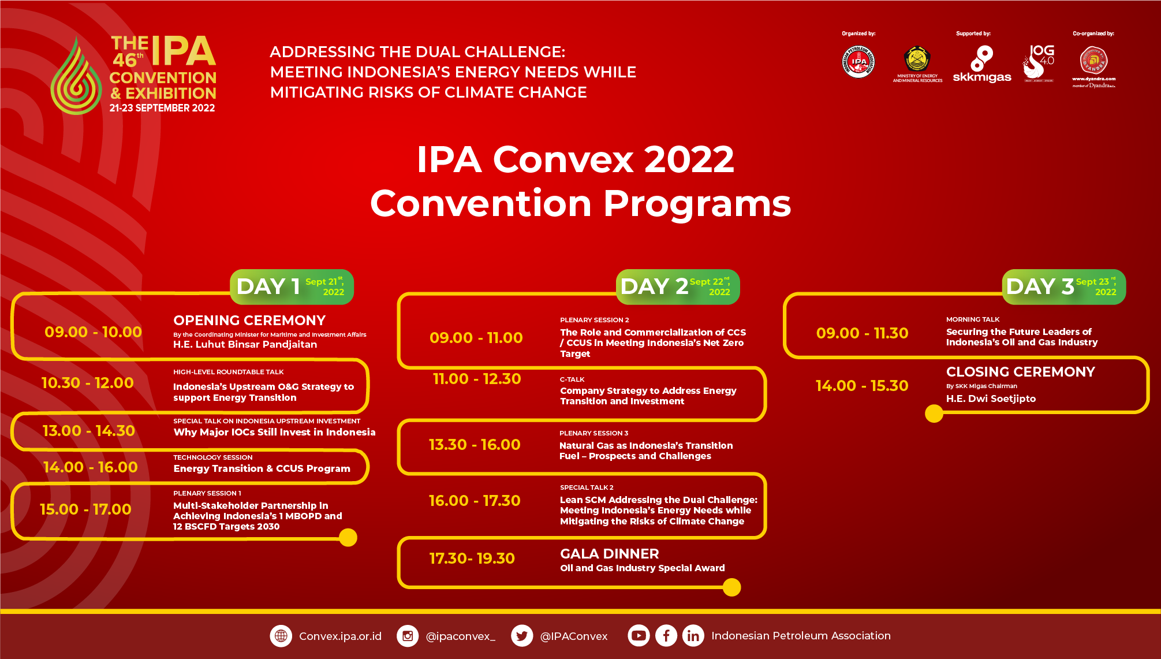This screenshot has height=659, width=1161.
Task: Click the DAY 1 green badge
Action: tap(292, 286)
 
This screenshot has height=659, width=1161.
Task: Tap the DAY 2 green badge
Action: tap(677, 286)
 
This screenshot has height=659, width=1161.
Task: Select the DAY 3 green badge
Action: tap(1063, 286)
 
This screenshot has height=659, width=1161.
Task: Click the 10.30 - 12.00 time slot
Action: tap(88, 383)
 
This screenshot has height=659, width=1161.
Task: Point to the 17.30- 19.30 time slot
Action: tap(472, 559)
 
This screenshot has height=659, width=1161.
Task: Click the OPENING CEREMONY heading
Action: tap(249, 321)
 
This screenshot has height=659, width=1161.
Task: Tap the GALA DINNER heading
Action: tap(609, 554)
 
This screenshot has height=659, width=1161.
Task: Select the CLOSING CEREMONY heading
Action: tap(1020, 372)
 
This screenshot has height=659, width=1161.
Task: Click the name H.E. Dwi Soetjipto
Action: tap(991, 399)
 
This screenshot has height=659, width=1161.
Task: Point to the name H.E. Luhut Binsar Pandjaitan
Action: tap(245, 344)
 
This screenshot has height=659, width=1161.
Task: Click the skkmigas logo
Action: tap(981, 65)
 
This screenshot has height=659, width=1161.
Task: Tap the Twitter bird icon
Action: tap(522, 636)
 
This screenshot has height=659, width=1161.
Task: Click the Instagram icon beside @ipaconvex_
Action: tap(408, 636)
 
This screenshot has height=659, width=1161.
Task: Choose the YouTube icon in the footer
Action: tap(639, 635)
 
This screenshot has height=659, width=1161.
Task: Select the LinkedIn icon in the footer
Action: tap(693, 636)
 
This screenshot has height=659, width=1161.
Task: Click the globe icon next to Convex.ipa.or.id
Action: tap(281, 636)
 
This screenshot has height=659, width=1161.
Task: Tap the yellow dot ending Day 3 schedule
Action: tap(934, 414)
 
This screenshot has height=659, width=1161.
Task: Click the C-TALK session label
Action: tap(572, 379)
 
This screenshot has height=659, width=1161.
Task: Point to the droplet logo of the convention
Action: tap(76, 78)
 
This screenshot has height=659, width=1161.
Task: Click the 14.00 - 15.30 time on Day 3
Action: tap(861, 386)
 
